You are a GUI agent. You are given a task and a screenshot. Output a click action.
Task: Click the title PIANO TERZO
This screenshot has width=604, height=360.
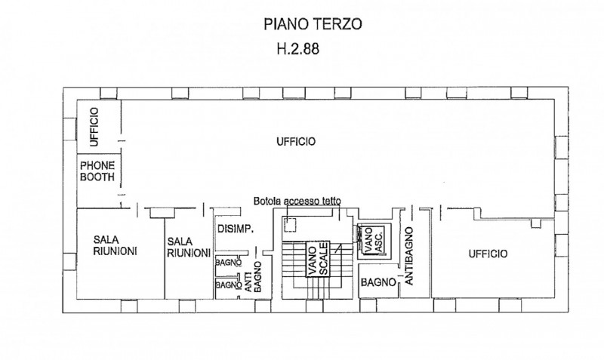(313, 24)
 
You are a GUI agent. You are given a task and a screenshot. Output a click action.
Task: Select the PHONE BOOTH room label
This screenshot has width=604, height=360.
(97, 172)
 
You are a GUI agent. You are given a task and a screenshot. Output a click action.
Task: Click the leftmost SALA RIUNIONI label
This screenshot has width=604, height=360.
(114, 246)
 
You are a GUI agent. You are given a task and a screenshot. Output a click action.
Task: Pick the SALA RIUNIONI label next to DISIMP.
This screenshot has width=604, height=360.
(187, 248)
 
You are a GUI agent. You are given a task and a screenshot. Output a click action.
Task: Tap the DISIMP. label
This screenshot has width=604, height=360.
(234, 229)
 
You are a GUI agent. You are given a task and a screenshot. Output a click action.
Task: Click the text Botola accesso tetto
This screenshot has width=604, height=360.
(297, 202)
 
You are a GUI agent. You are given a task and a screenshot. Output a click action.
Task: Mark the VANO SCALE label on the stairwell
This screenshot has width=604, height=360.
(316, 260)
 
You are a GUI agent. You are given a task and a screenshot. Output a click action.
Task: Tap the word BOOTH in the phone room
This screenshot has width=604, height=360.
(97, 178)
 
